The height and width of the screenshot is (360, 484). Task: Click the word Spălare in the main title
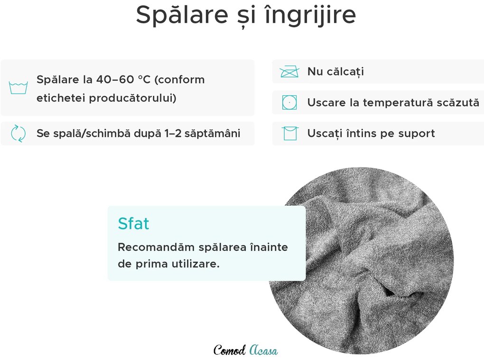point(182,15)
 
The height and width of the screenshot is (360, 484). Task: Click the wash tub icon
point(18,88)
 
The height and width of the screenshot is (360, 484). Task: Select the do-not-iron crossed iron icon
point(289,72)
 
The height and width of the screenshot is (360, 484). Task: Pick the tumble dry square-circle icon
point(289,103)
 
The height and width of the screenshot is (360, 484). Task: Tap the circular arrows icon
point(18,133)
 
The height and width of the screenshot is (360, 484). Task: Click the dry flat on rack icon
point(290,133)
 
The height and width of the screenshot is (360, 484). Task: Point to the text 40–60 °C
point(123,80)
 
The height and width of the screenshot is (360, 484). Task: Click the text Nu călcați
point(335,72)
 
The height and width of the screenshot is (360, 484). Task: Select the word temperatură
point(401,103)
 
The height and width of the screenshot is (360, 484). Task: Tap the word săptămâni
point(213,133)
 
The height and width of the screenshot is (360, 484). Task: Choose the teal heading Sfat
point(133,223)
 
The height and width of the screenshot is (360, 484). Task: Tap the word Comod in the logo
point(230,351)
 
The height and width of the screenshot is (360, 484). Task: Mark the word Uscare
point(326,103)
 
